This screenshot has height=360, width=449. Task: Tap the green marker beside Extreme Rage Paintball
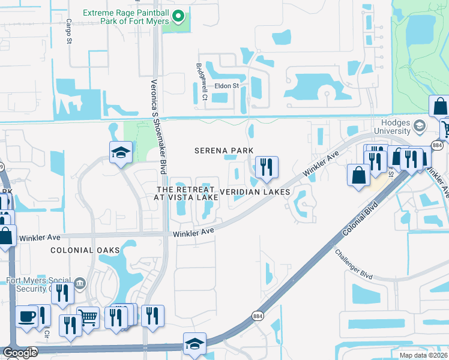[178, 16]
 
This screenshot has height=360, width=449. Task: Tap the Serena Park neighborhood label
[224, 151]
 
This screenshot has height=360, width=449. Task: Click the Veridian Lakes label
[255, 192]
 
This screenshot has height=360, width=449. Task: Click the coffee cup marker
[26, 316]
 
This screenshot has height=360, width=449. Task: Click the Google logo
[19, 353]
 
